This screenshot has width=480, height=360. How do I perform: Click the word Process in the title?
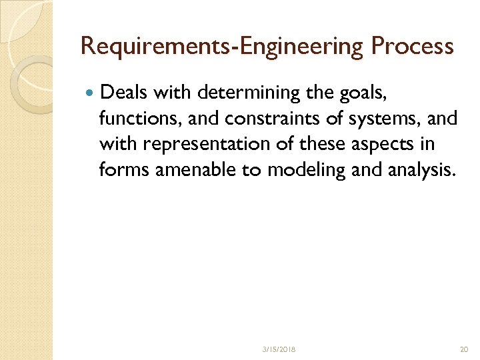[x=412, y=47]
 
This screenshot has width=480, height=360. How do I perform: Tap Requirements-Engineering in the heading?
[x=222, y=47]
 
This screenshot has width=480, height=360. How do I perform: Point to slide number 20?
[x=464, y=349]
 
